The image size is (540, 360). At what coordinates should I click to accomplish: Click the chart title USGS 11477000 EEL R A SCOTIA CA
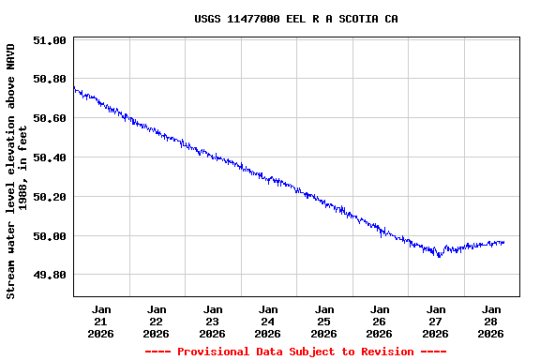click(295, 19)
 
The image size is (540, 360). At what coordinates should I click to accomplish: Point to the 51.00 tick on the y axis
click(49, 40)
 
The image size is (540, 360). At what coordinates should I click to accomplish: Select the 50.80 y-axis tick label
click(49, 80)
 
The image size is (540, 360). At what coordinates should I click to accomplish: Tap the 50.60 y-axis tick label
click(49, 119)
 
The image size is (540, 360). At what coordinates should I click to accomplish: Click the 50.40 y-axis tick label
click(49, 157)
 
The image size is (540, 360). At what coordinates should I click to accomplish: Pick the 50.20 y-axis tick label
click(49, 197)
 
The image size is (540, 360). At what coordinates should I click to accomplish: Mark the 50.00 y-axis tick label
click(49, 236)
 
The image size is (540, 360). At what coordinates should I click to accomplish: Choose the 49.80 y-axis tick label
click(49, 275)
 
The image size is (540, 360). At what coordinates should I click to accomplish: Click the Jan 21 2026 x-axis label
click(101, 321)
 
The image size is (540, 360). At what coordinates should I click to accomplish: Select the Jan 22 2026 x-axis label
click(157, 321)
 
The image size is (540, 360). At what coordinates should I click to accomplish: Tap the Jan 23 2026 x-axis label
click(213, 321)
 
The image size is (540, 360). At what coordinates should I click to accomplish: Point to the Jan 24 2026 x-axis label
click(268, 321)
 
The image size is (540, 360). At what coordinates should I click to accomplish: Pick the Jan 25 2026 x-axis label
click(324, 321)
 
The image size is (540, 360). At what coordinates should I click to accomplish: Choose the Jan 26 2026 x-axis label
click(380, 321)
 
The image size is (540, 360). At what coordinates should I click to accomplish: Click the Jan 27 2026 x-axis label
click(436, 321)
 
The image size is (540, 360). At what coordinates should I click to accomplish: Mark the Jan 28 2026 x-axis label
click(491, 321)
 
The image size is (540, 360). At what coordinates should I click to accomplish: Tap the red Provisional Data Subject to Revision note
click(295, 352)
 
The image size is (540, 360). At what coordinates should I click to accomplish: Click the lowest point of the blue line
click(438, 257)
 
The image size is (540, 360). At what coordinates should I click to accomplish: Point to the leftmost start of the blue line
click(74, 87)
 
